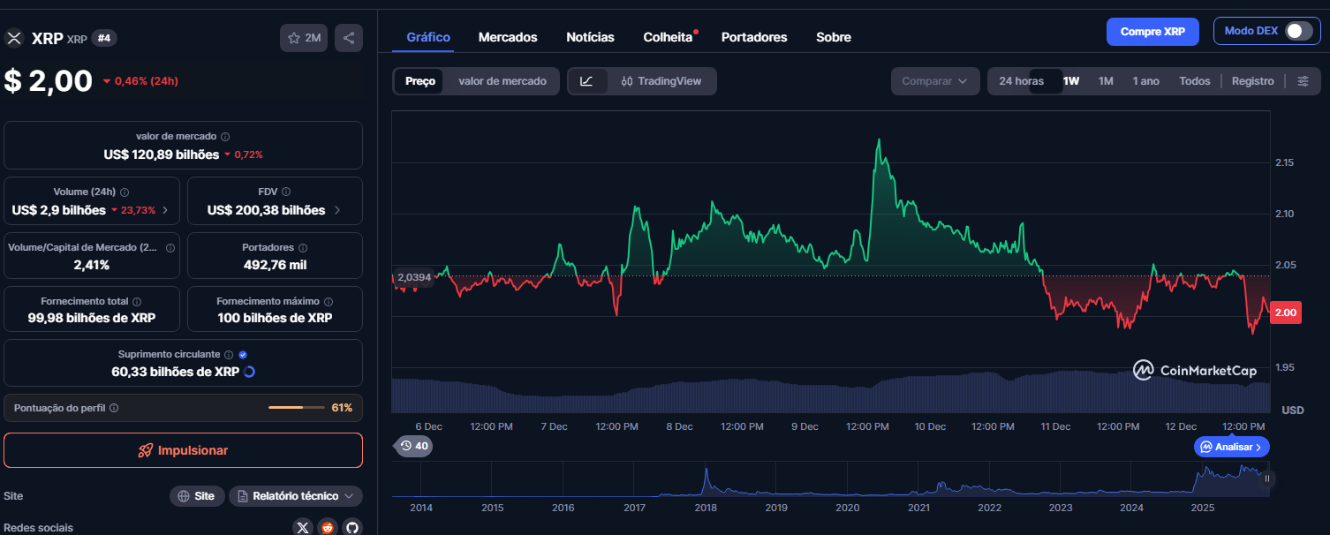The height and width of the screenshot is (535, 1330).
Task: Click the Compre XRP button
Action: (x=1152, y=31)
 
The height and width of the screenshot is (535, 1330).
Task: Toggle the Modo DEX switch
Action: (x=1297, y=31)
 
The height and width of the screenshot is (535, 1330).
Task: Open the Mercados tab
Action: (x=508, y=37)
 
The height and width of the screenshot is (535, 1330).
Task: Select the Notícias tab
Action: (x=590, y=37)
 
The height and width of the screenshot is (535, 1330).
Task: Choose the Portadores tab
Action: (x=754, y=37)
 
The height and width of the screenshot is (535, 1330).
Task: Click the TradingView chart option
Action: (x=661, y=81)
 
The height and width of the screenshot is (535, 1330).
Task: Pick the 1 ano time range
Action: (x=1145, y=81)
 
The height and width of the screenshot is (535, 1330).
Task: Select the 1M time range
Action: (x=1106, y=81)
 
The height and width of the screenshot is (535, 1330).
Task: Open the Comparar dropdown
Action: (x=934, y=81)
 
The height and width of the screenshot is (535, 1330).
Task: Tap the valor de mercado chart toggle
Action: (x=503, y=81)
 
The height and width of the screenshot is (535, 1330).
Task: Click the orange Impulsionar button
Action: (x=183, y=450)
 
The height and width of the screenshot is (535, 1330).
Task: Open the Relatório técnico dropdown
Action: (x=295, y=496)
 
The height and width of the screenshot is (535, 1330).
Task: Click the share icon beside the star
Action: (x=349, y=38)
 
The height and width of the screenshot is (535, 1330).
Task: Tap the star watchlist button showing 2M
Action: (x=304, y=38)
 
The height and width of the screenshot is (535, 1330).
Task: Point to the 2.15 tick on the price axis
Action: (x=1285, y=162)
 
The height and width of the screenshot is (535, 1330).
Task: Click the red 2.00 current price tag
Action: (x=1286, y=313)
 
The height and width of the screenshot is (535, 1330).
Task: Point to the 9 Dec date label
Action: (x=805, y=426)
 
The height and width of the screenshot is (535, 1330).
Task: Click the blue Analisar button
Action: (x=1232, y=447)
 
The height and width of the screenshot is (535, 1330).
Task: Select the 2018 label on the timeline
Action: (x=705, y=508)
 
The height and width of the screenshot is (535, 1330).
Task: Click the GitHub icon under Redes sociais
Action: (x=352, y=527)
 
